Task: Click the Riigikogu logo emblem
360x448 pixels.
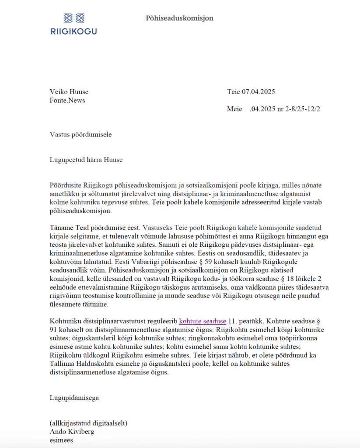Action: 74,18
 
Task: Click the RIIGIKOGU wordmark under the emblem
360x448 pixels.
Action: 74,31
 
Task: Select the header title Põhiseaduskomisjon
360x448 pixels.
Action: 179,18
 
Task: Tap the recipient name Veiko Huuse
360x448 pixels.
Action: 69,92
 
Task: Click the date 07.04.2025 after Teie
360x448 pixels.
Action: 259,92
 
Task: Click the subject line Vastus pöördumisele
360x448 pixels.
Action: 78,134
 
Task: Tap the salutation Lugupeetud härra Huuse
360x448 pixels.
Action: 86,160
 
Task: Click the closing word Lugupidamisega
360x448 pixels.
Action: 74,398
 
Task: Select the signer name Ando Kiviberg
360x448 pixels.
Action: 72,432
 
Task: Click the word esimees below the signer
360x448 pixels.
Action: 61,440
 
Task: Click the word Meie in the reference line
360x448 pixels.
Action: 234,109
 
